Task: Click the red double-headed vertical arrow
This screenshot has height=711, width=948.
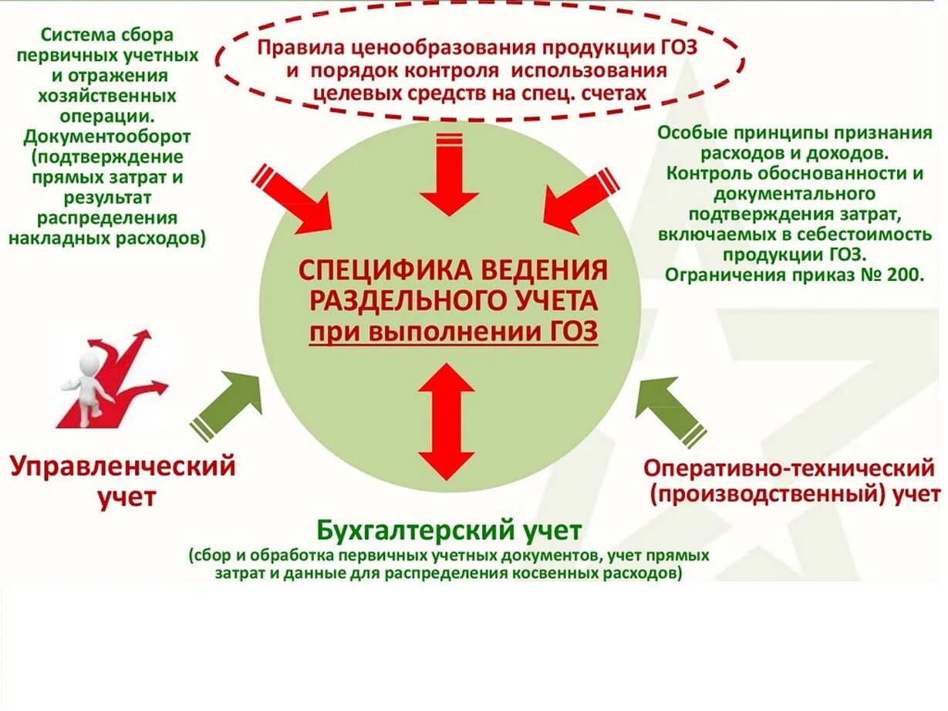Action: point(446,422)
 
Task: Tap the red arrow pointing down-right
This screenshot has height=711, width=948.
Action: point(294,200)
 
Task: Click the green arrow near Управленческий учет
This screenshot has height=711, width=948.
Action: point(228,403)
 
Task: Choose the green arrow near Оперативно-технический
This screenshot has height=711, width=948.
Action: point(667,408)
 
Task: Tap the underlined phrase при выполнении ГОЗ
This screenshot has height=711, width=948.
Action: point(454,333)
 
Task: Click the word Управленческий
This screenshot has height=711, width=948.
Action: point(122,466)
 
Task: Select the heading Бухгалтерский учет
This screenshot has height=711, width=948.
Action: point(448,530)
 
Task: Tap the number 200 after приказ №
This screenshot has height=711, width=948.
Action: point(903,274)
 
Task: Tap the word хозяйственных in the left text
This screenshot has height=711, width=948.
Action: point(106,96)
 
